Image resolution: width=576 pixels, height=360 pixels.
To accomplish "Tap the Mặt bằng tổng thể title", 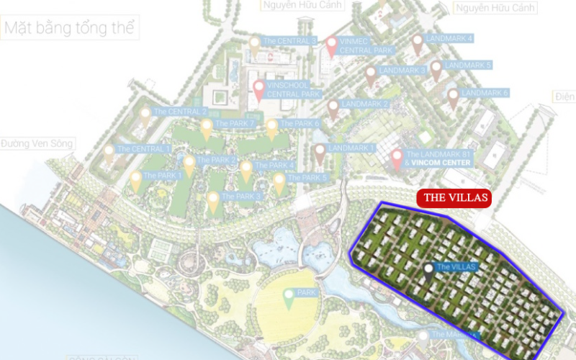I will [70, 30].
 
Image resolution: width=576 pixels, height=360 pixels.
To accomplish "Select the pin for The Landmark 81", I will [396, 159].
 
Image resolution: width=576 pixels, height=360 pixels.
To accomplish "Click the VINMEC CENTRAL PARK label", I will [365, 46].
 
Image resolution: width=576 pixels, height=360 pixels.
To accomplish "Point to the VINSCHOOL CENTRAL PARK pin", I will [258, 91].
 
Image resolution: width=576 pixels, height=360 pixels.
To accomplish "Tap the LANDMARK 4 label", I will [449, 38].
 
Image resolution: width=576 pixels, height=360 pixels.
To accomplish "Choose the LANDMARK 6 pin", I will [452, 97].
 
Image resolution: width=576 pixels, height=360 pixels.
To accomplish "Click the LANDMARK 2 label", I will [365, 104].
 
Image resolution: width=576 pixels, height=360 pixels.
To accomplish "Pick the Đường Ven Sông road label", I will [37, 144].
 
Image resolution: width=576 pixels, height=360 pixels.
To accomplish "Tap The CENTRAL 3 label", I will [289, 41].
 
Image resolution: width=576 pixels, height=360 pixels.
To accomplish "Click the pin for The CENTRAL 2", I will [145, 115].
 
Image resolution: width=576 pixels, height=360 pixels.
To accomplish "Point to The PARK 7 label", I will [235, 124].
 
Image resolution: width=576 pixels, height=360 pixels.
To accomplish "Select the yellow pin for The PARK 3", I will [212, 200].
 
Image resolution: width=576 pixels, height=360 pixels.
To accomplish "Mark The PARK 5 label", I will [307, 177].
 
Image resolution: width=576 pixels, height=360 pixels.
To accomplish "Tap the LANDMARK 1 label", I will [352, 148].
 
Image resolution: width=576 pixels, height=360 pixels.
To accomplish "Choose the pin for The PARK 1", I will [135, 180].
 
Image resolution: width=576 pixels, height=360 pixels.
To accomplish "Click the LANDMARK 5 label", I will [468, 66].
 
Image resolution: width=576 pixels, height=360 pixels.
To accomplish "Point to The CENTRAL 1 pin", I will [109, 153].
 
